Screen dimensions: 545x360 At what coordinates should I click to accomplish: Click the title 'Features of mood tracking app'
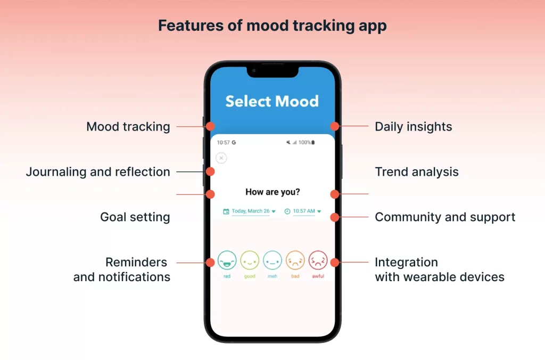click(x=272, y=26)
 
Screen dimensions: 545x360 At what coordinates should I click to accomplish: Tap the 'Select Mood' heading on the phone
click(x=272, y=101)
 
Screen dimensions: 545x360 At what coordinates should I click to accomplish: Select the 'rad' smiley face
click(x=227, y=260)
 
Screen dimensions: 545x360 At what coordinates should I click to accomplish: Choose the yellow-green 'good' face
click(x=250, y=260)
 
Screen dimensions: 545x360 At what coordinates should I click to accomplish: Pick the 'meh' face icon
click(x=272, y=260)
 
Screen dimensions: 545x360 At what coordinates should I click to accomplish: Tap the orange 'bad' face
click(x=295, y=260)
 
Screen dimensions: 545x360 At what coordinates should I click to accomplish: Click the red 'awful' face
click(x=318, y=260)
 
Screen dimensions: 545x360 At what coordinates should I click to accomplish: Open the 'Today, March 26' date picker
click(x=250, y=211)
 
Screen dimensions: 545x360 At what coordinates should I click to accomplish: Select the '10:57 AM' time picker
click(x=303, y=211)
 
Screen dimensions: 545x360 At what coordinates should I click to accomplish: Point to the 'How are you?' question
click(x=272, y=192)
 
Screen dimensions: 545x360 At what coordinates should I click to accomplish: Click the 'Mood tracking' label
click(x=128, y=127)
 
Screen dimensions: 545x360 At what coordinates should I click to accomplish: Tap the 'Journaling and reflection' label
click(x=98, y=172)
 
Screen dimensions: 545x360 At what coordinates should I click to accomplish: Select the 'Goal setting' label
click(x=135, y=217)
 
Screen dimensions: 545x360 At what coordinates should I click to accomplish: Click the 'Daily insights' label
click(x=413, y=127)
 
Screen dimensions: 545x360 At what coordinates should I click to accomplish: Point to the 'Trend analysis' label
click(x=417, y=172)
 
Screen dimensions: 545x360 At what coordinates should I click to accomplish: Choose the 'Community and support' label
click(x=445, y=217)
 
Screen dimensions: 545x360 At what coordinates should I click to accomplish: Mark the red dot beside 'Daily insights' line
click(x=335, y=126)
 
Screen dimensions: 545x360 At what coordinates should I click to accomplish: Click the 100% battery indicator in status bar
click(x=307, y=142)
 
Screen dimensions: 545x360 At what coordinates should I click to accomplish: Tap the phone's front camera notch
click(x=272, y=71)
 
